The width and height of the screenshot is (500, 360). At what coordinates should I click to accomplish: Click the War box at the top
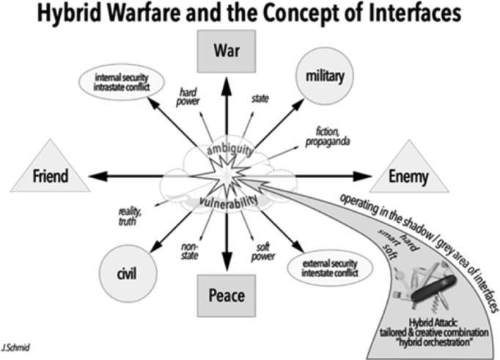click(x=227, y=51)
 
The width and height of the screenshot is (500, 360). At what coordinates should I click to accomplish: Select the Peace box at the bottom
click(x=227, y=295)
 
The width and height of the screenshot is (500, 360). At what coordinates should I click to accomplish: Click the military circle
click(x=325, y=76)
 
